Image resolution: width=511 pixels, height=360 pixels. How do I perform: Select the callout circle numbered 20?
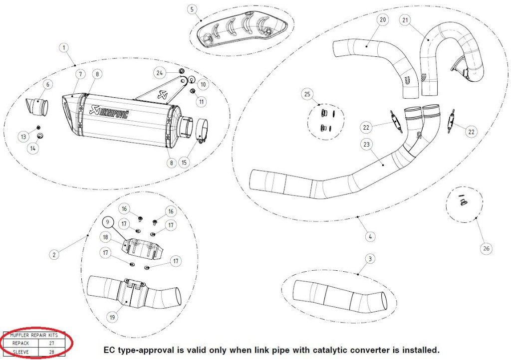pyautogui.click(x=383, y=20)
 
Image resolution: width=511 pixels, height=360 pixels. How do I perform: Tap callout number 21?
pyautogui.click(x=405, y=20)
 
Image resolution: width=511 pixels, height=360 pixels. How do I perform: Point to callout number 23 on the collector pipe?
pyautogui.click(x=367, y=145)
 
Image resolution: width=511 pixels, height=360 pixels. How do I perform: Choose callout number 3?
pyautogui.click(x=369, y=259)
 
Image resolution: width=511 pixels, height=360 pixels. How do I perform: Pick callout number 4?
pyautogui.click(x=369, y=237)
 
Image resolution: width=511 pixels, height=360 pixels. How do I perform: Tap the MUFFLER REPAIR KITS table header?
pyautogui.click(x=34, y=336)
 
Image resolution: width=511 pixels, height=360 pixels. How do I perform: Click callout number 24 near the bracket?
pyautogui.click(x=159, y=73)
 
